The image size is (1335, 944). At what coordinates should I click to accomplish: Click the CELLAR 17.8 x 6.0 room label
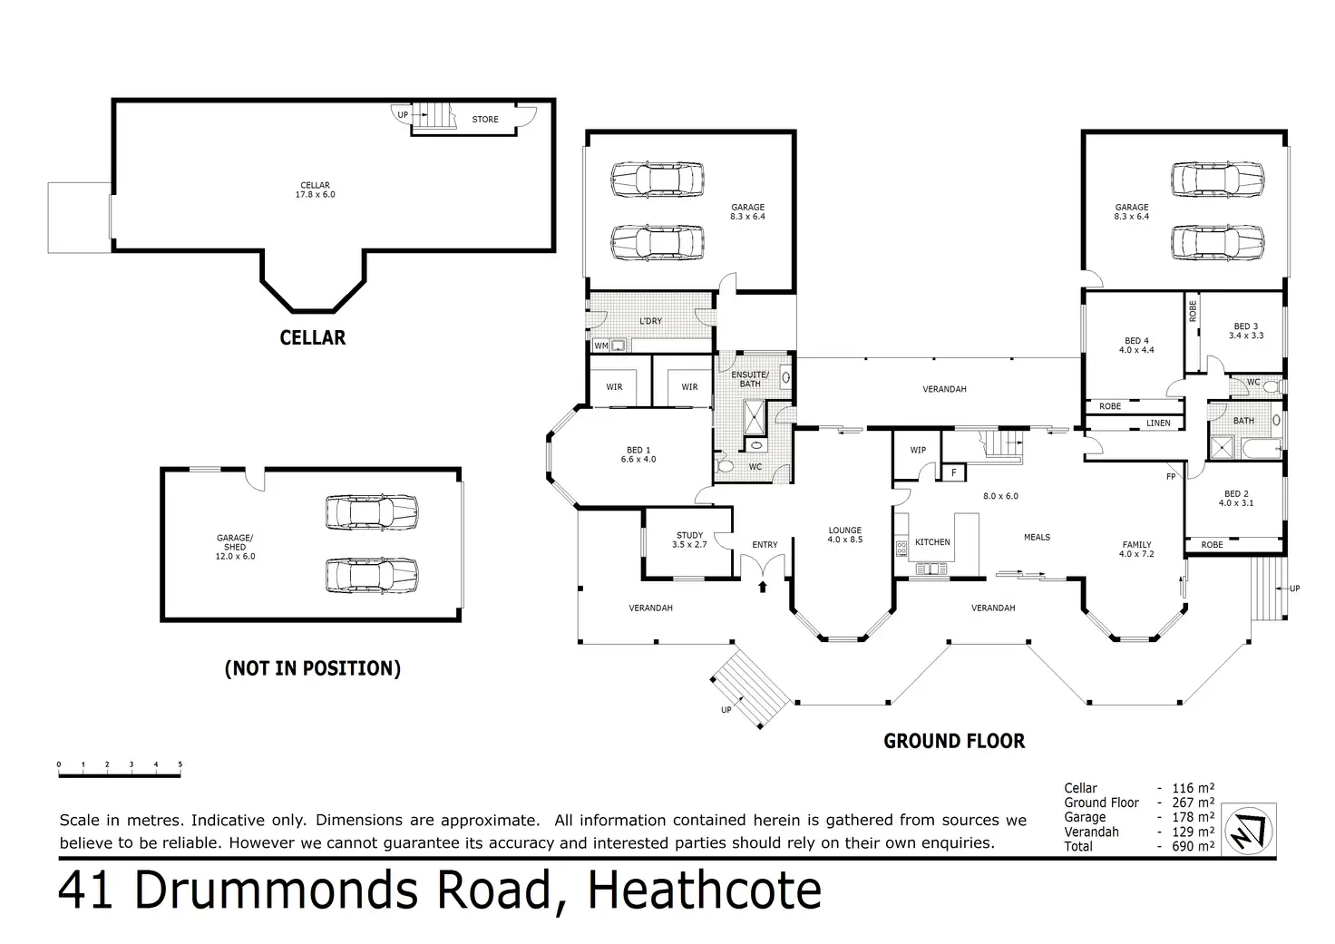[315, 190]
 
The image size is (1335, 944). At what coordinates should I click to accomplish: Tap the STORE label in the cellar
[485, 120]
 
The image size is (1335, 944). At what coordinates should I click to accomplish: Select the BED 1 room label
[638, 454]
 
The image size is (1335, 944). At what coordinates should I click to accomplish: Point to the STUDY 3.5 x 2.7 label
[689, 540]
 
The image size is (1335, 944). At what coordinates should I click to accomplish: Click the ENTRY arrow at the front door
[762, 587]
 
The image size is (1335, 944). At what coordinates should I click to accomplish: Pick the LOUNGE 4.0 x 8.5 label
[844, 535]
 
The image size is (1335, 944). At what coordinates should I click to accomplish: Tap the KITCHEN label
[932, 542]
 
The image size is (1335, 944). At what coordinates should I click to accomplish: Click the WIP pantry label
[918, 450]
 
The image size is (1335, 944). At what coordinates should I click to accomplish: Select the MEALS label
[1037, 537]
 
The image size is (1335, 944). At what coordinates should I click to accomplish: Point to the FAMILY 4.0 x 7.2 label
[1136, 550]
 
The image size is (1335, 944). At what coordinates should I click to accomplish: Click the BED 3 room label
[1245, 331]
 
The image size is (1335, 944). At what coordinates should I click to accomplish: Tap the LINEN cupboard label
[1158, 423]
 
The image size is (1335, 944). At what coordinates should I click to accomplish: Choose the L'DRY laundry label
[650, 322]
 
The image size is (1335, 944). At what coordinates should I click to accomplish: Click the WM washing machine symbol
[601, 345]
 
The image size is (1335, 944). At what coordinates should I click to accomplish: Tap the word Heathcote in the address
[705, 890]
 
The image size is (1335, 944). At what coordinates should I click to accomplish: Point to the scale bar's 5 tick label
[180, 765]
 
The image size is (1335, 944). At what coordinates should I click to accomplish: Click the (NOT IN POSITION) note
[312, 669]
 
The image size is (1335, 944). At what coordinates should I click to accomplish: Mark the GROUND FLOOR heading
[954, 742]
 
